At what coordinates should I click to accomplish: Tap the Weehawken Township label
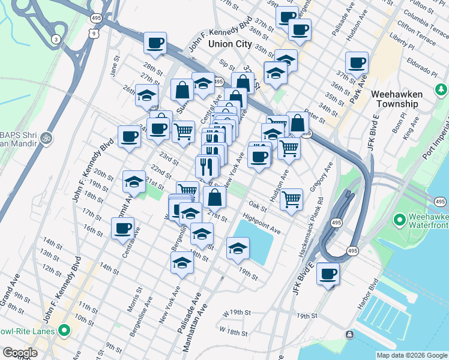coord(396,99)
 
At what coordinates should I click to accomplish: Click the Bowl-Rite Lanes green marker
coord(63,331)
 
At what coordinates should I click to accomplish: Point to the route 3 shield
coord(56,40)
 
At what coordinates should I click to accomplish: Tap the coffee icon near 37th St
coord(357,62)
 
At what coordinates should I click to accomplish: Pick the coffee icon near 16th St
coord(122,228)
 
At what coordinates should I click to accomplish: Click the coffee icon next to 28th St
coord(155,43)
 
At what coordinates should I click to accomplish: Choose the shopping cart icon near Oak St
coord(291,199)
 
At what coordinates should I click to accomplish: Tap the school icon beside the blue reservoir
coord(238,248)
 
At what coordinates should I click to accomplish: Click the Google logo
coord(20,353)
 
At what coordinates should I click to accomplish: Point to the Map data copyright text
coord(412,355)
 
